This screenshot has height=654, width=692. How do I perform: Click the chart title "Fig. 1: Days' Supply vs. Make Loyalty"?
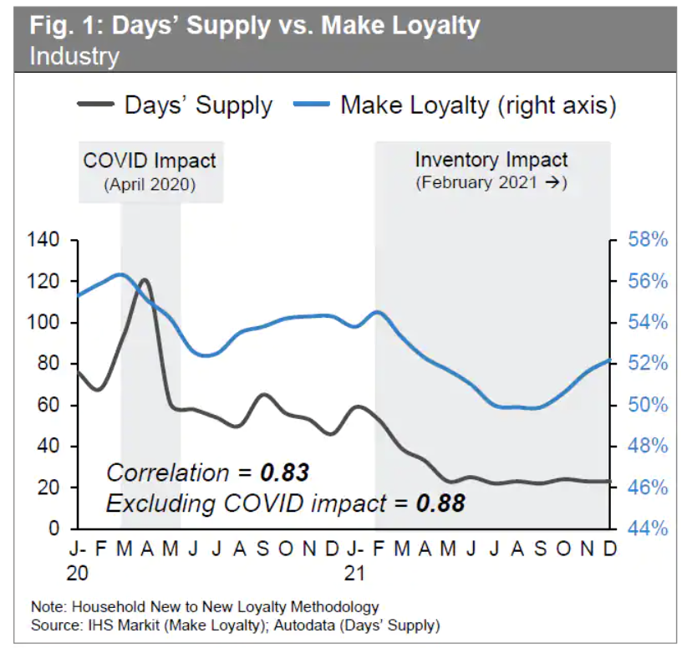255,26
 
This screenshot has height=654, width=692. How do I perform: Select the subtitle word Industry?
74,57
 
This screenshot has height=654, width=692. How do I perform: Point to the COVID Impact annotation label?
150,161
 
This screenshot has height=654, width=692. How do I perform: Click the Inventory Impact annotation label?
491,161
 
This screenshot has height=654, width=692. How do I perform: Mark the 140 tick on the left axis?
45,241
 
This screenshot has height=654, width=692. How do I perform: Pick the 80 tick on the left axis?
50,364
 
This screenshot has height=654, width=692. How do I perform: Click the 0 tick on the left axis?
55,529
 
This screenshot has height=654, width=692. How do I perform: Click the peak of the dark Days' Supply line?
145,280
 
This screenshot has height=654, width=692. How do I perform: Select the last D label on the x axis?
609,549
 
